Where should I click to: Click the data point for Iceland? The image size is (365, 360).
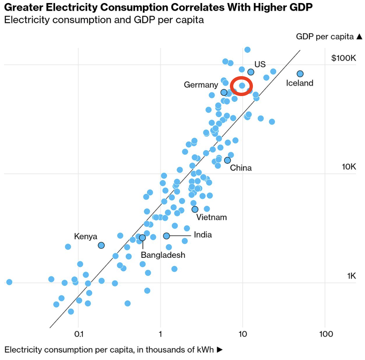[300, 74]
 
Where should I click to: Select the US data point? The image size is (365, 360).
[251, 72]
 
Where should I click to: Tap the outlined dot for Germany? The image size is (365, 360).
[224, 92]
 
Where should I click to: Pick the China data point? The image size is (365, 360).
[228, 160]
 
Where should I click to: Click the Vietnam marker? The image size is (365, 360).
[195, 209]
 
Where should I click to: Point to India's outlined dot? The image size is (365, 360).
[167, 236]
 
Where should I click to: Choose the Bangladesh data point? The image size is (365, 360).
[143, 238]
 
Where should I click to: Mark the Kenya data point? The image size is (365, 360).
[101, 245]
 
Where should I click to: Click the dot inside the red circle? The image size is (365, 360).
[242, 86]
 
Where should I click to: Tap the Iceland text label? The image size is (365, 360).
[300, 83]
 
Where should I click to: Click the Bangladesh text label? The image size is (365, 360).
[163, 255]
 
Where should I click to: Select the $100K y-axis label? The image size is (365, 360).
[344, 58]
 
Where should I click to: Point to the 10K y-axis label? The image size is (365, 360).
[349, 167]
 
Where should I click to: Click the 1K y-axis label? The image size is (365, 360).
[351, 276]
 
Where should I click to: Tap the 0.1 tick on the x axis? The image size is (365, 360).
[78, 334]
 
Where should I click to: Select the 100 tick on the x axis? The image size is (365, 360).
[326, 334]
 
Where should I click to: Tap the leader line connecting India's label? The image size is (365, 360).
[180, 235]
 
